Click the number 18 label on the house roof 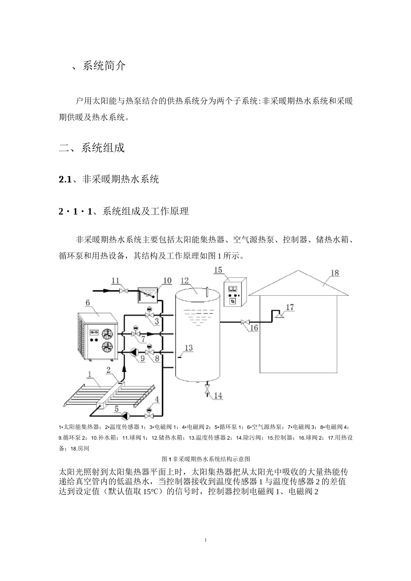(335, 273)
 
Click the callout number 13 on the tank (189, 348)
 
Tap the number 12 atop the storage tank (185, 281)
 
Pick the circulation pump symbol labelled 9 (132, 351)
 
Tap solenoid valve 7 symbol (136, 333)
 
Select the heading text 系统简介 (104, 66)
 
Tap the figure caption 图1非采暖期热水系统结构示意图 (205, 459)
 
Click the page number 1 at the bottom (205, 540)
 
